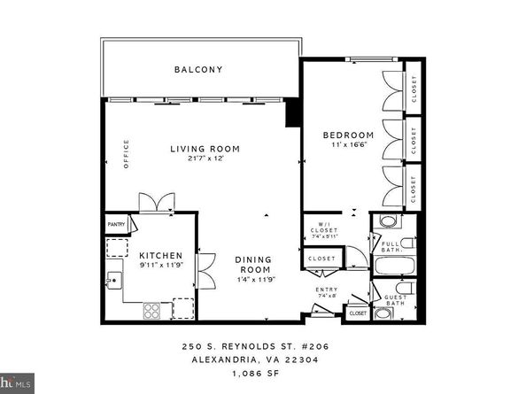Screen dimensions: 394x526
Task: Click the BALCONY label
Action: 197,69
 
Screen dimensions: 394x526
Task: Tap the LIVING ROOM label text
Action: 205,148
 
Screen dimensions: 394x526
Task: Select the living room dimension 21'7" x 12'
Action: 205,159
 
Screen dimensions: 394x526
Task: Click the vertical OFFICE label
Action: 127,153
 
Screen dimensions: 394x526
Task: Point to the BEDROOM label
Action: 348,135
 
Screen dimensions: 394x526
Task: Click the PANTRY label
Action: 117,226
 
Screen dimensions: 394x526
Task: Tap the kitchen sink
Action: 113,282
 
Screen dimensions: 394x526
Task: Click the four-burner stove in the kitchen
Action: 151,310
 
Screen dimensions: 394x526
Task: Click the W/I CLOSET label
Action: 320,228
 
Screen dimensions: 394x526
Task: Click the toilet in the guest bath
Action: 400,290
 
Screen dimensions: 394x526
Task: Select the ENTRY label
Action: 326,290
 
